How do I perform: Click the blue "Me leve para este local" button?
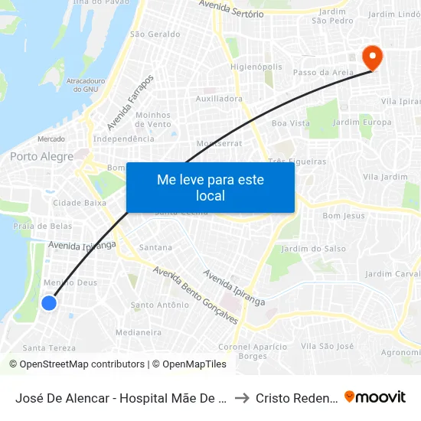[x=210, y=188]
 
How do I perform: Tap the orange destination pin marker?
[x=372, y=57]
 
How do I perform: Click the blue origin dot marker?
[x=48, y=303]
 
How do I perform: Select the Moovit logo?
[x=375, y=397]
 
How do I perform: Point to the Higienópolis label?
[x=258, y=67]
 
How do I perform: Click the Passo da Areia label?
[x=321, y=72]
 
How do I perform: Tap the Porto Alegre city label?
[x=41, y=157]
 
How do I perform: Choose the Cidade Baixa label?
[x=80, y=203]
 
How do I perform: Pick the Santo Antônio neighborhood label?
[x=160, y=305]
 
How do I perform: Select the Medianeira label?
[x=138, y=332]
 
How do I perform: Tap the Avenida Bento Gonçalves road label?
[x=195, y=295]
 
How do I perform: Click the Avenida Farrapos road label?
[x=131, y=102]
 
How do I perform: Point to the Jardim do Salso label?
[x=314, y=249]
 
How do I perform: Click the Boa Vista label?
[x=291, y=122]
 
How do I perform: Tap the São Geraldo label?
[x=155, y=34]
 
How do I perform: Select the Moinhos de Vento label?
[x=153, y=119]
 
